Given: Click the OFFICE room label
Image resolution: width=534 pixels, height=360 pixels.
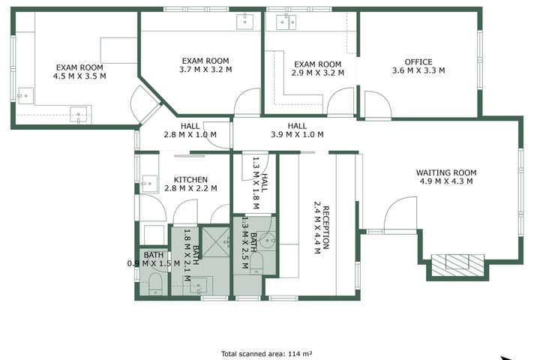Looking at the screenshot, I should click(x=418, y=61).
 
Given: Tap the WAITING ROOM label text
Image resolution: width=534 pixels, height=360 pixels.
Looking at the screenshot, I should click(x=446, y=172).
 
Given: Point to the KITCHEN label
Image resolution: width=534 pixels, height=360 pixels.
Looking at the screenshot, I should click(x=190, y=180).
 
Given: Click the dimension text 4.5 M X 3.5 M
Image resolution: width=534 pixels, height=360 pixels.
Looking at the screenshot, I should click(x=79, y=76).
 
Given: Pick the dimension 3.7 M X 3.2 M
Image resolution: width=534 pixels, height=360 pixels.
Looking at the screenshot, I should click(x=205, y=70).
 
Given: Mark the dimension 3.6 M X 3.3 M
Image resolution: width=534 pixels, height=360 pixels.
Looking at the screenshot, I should click(x=418, y=70).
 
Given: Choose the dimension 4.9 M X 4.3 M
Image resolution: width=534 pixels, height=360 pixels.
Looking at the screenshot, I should click(x=446, y=181).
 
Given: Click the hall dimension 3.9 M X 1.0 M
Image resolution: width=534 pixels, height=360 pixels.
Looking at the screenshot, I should click(x=297, y=135).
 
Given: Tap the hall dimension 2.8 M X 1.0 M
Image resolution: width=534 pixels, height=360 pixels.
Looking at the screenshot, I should click(x=190, y=135).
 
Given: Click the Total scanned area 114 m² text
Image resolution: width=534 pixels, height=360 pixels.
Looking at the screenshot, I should click(x=266, y=353).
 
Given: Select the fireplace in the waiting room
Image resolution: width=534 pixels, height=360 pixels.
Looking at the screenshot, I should click(x=457, y=262).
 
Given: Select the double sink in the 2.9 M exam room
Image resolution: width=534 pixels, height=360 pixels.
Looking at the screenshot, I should click(x=285, y=21).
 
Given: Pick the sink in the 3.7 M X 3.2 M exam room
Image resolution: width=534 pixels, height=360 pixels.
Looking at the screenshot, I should click(x=245, y=21).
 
